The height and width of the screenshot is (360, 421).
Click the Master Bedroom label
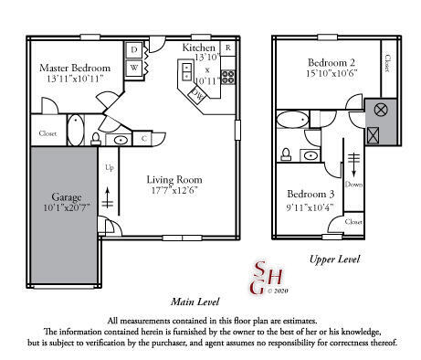75,69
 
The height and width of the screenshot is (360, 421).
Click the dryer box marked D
134,49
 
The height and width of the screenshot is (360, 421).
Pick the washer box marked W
134,67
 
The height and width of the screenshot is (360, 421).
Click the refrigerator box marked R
227,47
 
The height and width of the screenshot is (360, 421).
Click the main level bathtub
75,129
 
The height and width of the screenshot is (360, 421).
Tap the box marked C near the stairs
144,139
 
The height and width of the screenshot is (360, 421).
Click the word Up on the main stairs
110,168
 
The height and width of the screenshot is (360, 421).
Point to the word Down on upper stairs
355,183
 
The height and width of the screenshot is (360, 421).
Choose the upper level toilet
287,154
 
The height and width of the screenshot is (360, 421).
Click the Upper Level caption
334,259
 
